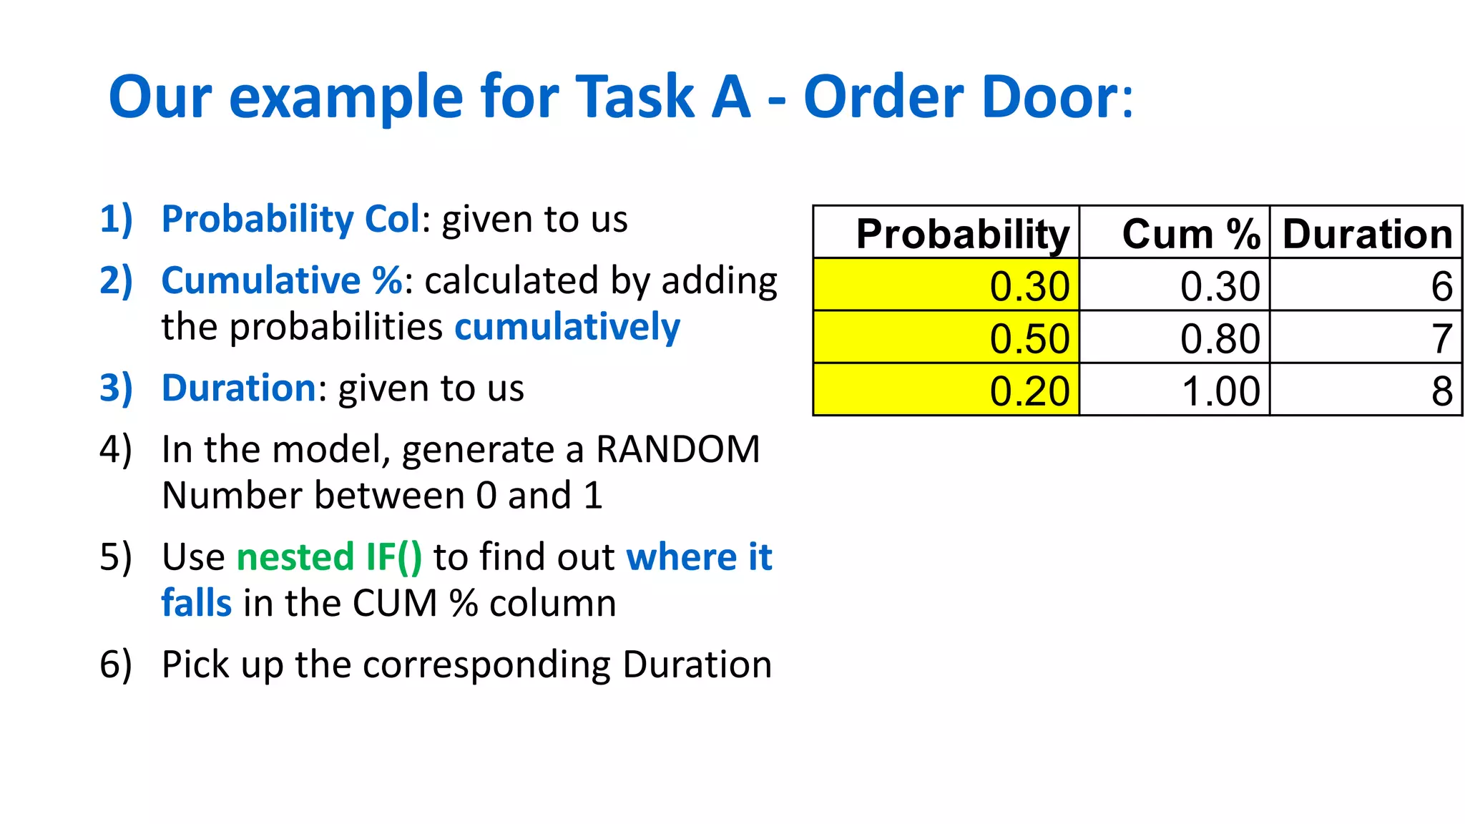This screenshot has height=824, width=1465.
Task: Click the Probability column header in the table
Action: (x=962, y=234)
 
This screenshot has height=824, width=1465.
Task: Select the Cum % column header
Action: (x=1190, y=234)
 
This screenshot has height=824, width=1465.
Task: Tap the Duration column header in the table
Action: (x=1367, y=234)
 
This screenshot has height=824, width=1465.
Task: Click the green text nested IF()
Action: (x=329, y=557)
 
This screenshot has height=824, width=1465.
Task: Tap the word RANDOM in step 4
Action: (x=677, y=450)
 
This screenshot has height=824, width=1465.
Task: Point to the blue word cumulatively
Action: (x=567, y=328)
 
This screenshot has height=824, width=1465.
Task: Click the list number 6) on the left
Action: (x=116, y=664)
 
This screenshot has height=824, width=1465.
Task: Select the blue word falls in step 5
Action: (x=196, y=603)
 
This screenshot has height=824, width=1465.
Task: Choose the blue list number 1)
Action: (x=116, y=219)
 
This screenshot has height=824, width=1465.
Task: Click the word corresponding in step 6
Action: (x=488, y=665)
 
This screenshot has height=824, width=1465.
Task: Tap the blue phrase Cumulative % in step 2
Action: (x=282, y=280)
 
